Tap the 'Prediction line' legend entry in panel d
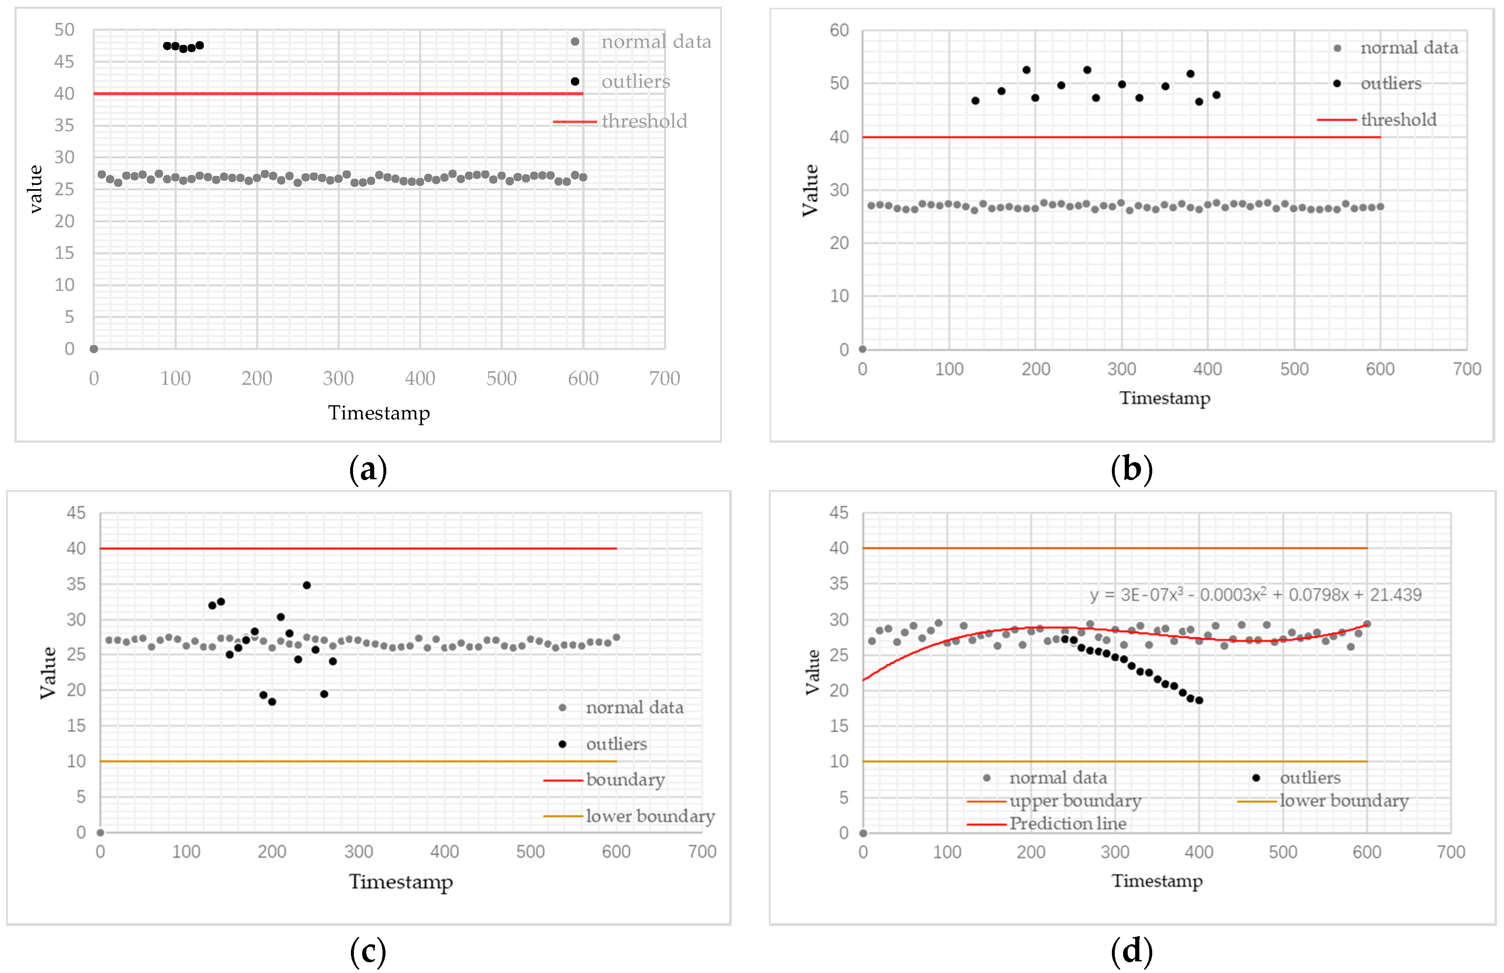[x=1067, y=823]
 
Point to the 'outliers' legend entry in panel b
[x=1390, y=84]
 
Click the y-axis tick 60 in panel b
[x=839, y=30]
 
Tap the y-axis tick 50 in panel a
[x=64, y=30]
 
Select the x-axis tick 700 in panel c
[x=702, y=852]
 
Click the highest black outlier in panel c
[x=306, y=585]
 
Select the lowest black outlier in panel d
[x=1199, y=700]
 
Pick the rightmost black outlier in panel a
[x=200, y=45]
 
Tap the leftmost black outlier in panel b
[x=975, y=101]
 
